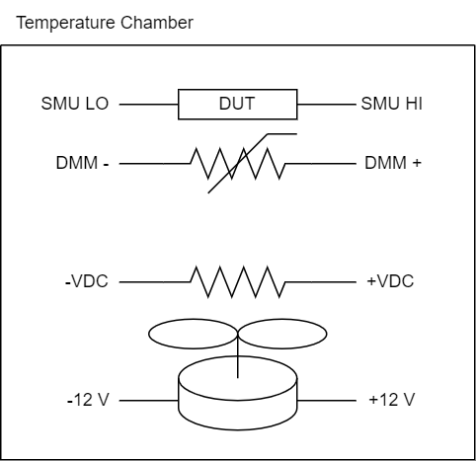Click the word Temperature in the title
[66, 23]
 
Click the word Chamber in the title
[157, 23]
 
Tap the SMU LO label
[75, 104]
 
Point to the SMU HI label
[392, 104]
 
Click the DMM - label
[82, 163]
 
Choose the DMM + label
[393, 163]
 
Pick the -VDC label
[87, 281]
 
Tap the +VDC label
[390, 281]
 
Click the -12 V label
[88, 400]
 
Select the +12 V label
[392, 400]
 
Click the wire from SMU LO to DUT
[148, 105]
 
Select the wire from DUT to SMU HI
[327, 105]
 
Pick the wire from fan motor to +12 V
[327, 401]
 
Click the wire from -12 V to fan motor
[148, 401]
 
